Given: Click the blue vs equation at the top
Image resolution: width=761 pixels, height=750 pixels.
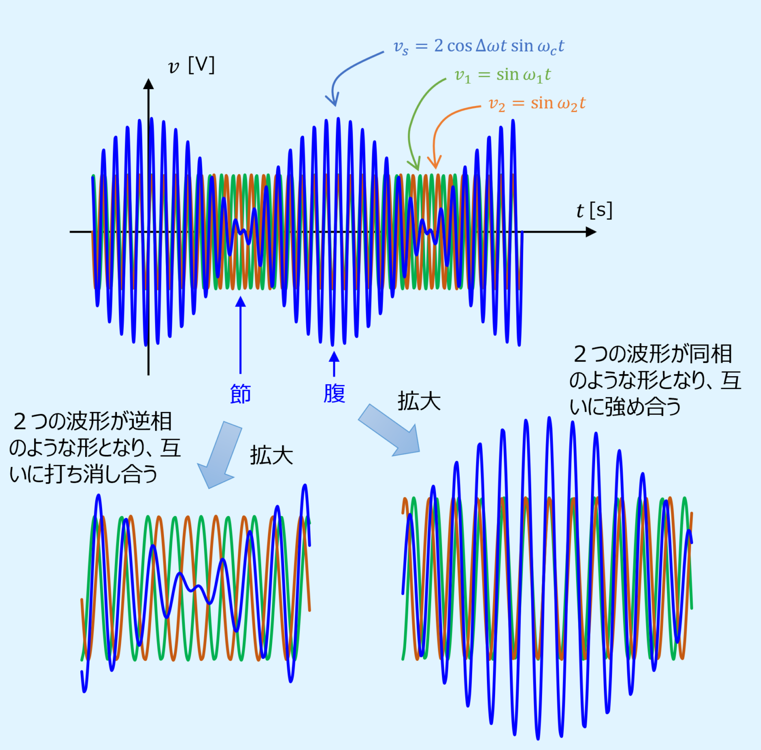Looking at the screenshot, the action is pyautogui.click(x=479, y=46).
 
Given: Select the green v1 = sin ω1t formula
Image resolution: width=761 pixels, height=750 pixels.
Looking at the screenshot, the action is pyautogui.click(x=503, y=75).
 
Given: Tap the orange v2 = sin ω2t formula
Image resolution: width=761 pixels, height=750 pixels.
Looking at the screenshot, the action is pyautogui.click(x=537, y=104).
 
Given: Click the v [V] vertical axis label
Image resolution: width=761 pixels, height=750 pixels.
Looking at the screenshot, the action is pyautogui.click(x=191, y=65).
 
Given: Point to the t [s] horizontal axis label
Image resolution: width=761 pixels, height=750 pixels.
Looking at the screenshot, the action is pyautogui.click(x=595, y=210).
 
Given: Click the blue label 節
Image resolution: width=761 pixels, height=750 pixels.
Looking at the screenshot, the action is pyautogui.click(x=241, y=394).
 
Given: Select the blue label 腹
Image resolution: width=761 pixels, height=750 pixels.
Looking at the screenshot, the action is pyautogui.click(x=334, y=394).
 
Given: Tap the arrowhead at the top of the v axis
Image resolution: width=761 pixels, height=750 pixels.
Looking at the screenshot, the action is pyautogui.click(x=148, y=84).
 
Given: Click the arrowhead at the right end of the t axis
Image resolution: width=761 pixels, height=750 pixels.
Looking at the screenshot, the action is pyautogui.click(x=591, y=232).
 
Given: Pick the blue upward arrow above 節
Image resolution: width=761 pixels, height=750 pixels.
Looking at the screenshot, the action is pyautogui.click(x=241, y=335).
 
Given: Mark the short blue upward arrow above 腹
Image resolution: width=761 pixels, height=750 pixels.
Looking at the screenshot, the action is pyautogui.click(x=334, y=364).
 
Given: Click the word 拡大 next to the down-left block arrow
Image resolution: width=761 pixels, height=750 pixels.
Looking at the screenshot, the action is pyautogui.click(x=272, y=455).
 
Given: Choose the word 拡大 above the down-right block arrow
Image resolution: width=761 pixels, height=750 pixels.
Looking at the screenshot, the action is pyautogui.click(x=419, y=401).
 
